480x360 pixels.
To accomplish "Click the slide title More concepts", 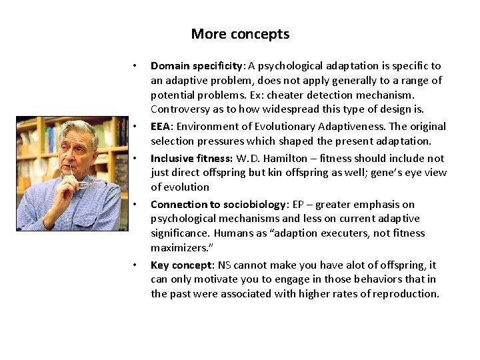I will click(x=240, y=34).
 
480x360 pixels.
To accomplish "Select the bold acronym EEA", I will click(x=161, y=126).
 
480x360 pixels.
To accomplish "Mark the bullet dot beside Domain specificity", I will click(x=135, y=66).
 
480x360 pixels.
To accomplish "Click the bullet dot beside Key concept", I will click(x=135, y=265).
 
